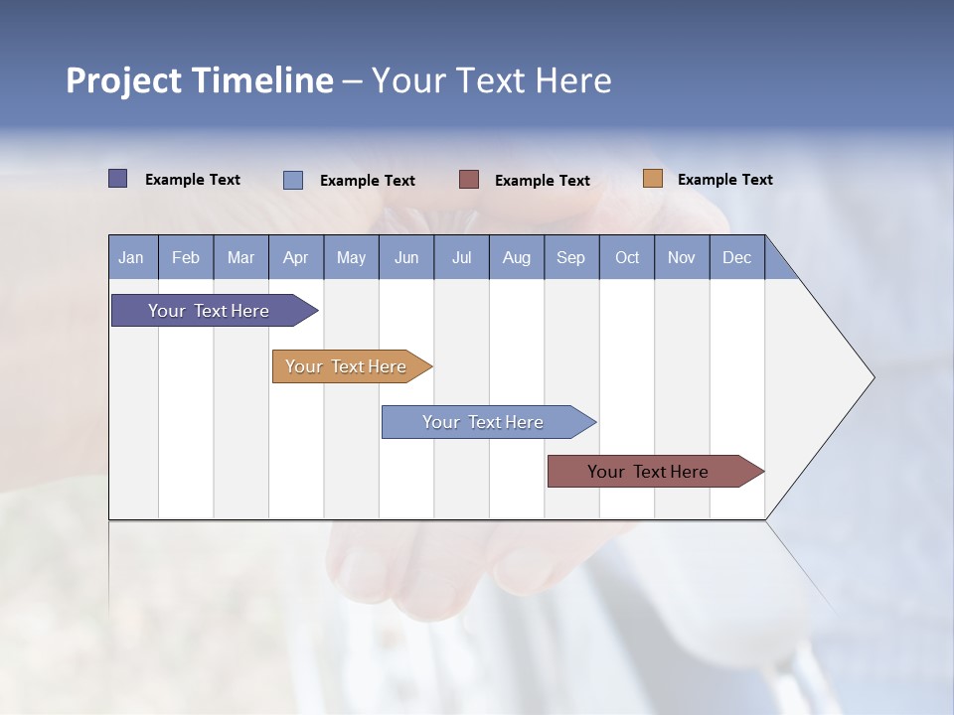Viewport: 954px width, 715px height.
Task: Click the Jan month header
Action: [x=132, y=257]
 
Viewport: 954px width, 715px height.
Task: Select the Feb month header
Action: [x=186, y=257]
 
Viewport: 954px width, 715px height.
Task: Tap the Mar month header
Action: [x=240, y=257]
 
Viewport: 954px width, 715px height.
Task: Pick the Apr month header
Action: [x=296, y=257]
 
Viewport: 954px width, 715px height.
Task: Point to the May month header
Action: [x=351, y=257]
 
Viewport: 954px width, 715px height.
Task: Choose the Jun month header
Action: [x=406, y=257]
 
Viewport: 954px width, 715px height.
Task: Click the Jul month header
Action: [x=461, y=257]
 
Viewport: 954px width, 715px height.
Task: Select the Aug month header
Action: [x=517, y=257]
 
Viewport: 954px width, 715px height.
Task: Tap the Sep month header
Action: [x=571, y=257]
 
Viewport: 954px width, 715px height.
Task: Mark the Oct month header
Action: [x=627, y=257]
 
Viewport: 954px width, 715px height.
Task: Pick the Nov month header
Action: [x=682, y=257]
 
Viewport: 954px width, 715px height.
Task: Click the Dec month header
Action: [x=737, y=257]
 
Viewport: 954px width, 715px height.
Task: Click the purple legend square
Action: [x=118, y=179]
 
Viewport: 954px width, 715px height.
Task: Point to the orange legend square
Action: [x=653, y=179]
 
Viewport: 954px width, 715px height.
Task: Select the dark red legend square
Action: [x=469, y=180]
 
